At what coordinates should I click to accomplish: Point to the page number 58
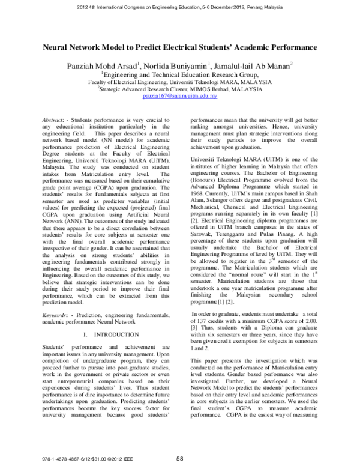(179, 459)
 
